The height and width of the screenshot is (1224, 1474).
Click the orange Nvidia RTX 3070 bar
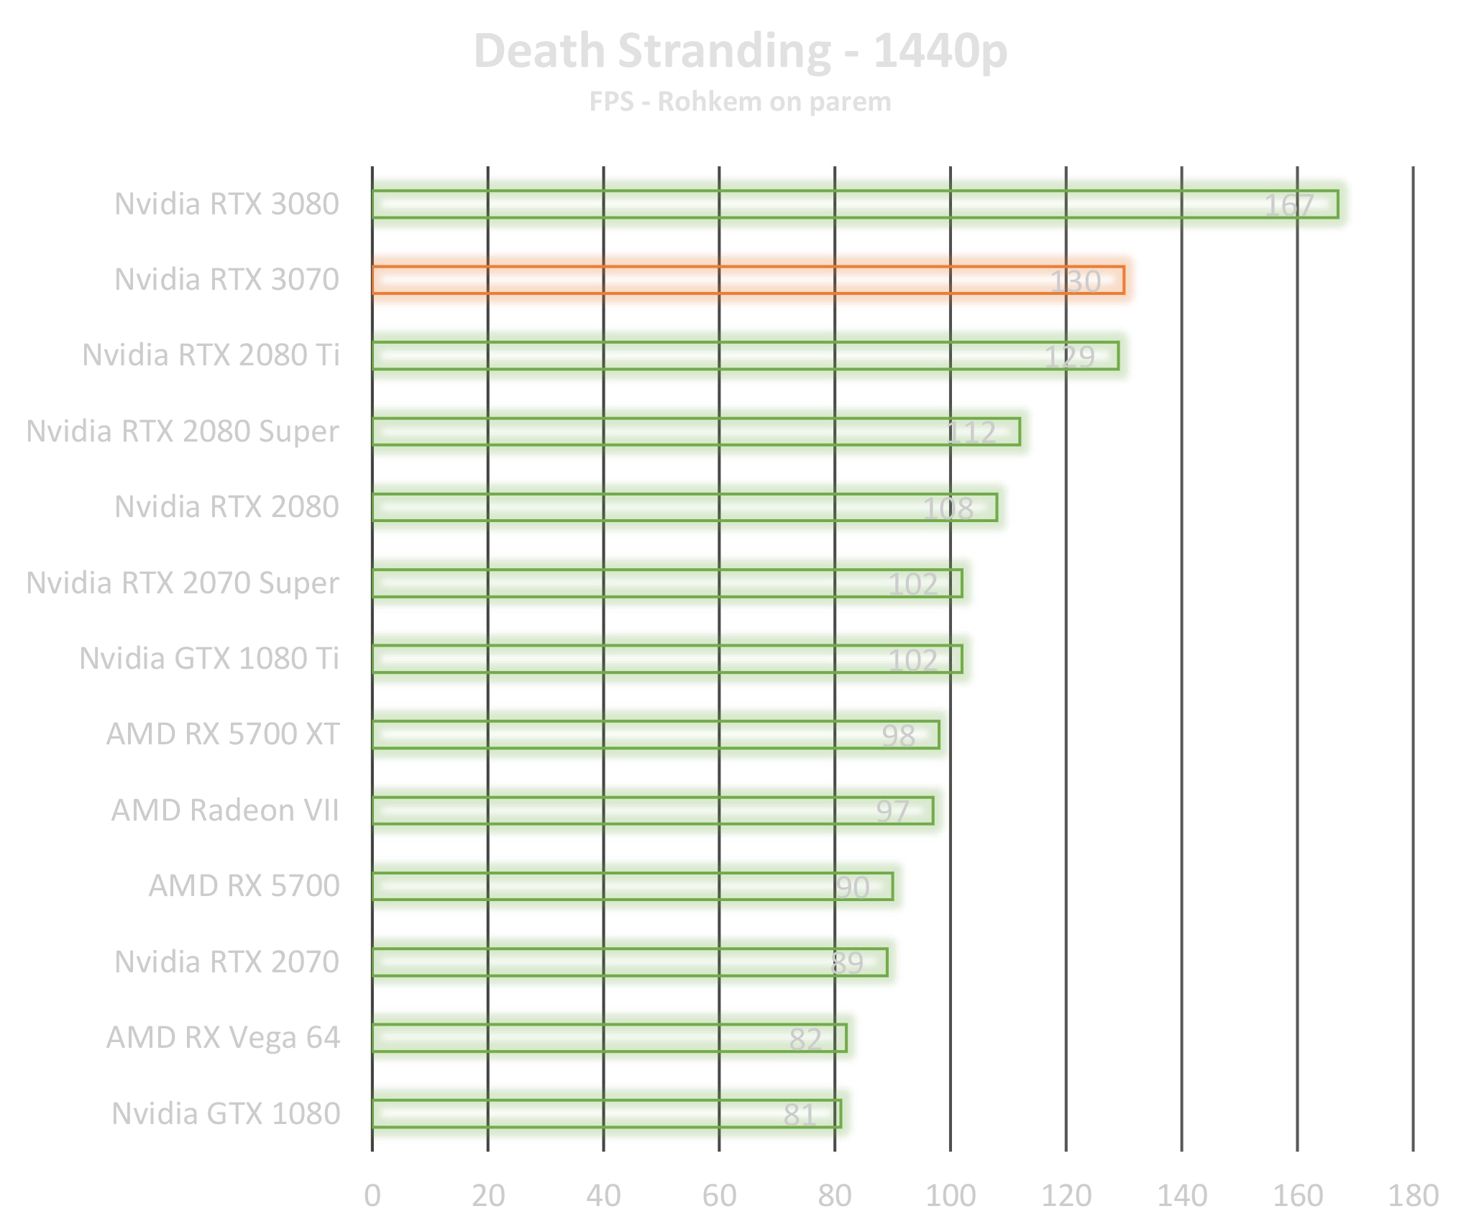748,280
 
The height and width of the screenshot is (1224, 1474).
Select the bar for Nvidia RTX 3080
855,204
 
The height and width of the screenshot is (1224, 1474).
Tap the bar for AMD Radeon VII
652,810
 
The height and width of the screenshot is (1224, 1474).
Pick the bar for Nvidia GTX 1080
606,1114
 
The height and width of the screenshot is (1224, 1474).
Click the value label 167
1288,206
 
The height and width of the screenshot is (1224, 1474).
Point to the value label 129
1069,357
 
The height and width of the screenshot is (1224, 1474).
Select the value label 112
971,433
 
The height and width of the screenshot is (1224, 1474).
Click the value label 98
898,736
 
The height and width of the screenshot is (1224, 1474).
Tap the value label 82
805,1039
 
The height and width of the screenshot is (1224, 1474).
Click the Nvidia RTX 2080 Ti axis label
211,355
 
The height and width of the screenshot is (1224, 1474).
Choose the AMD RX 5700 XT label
223,734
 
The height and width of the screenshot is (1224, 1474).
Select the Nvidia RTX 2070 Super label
183,583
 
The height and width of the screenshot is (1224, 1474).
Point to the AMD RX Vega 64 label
223,1038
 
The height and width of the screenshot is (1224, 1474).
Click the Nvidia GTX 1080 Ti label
209,659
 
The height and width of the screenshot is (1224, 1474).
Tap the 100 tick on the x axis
950,1195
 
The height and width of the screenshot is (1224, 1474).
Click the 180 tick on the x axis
1413,1195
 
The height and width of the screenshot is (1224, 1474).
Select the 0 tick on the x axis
372,1195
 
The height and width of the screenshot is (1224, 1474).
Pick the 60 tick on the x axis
719,1195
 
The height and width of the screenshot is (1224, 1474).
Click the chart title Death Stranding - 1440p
741,52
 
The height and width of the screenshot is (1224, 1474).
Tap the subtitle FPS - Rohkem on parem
741,102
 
